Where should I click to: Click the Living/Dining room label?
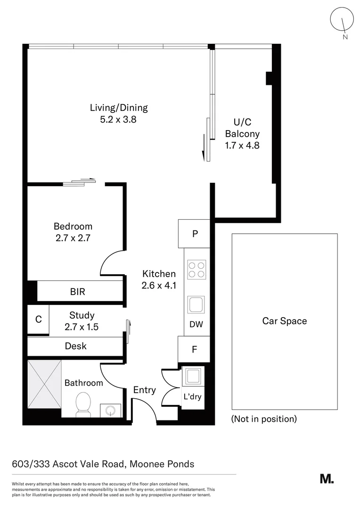pyautogui.click(x=119, y=107)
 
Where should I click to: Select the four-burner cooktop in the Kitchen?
pyautogui.click(x=196, y=270)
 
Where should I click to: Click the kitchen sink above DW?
pyautogui.click(x=196, y=304)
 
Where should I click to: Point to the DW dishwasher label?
pyautogui.click(x=196, y=324)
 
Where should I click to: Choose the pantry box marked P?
pyautogui.click(x=194, y=234)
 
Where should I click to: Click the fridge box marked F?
pyautogui.click(x=194, y=350)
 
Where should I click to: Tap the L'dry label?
pyautogui.click(x=192, y=396)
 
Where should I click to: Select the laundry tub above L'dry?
pyautogui.click(x=192, y=376)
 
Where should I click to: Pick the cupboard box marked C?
pyautogui.click(x=39, y=319)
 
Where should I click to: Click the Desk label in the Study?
pyautogui.click(x=76, y=346)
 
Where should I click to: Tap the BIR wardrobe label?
pyautogui.click(x=78, y=292)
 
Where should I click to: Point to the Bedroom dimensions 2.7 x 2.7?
pyautogui.click(x=73, y=238)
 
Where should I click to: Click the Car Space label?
pyautogui.click(x=285, y=321)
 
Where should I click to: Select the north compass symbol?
pyautogui.click(x=342, y=22)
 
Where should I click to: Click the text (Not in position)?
pyautogui.click(x=264, y=419)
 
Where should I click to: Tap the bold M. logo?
pyautogui.click(x=327, y=479)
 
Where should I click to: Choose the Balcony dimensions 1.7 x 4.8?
pyautogui.click(x=242, y=146)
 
